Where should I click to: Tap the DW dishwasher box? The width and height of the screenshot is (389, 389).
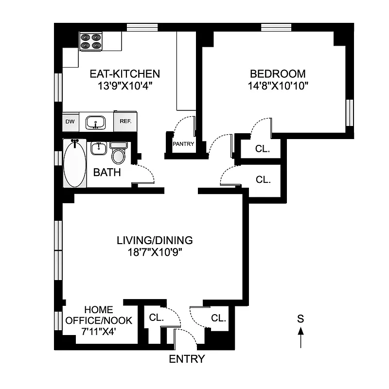(70, 122)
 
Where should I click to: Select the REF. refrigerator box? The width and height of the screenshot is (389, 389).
(124, 122)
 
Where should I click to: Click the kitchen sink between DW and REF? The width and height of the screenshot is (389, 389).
(96, 122)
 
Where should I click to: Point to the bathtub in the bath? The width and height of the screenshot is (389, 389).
(75, 163)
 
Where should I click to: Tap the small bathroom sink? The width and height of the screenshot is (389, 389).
(99, 148)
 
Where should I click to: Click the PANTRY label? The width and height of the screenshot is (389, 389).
(183, 144)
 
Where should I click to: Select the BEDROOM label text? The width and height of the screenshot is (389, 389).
(278, 74)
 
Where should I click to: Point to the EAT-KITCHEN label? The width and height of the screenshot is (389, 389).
(124, 74)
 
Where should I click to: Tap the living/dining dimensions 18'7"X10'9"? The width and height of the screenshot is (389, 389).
(155, 252)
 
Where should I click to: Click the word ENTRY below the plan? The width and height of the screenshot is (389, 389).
(187, 359)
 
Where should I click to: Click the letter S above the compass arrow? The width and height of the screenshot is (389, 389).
(301, 319)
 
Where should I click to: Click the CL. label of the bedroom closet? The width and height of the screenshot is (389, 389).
(262, 149)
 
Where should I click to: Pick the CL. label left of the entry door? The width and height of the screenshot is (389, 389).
(156, 318)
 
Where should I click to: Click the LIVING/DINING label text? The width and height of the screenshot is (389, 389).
(155, 240)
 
